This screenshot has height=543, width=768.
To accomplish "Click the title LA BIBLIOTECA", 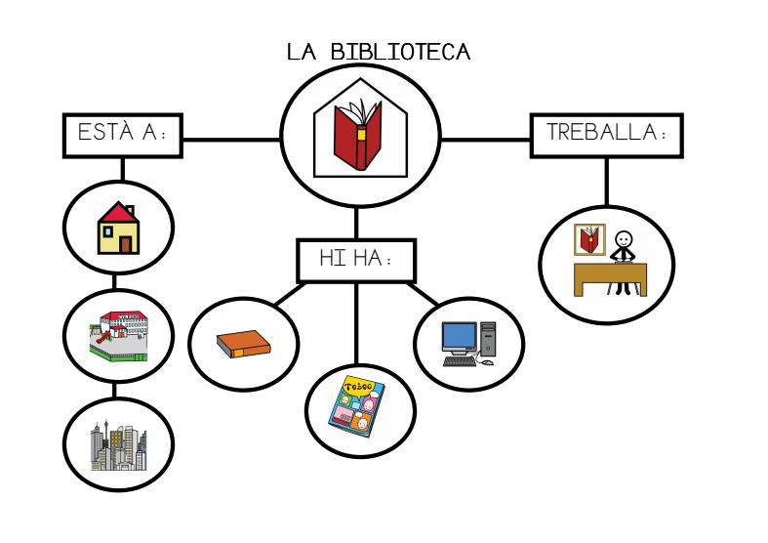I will pos(379,52).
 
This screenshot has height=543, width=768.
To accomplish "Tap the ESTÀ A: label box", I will pos(122,136).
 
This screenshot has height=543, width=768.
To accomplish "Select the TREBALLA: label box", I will pos(606,135).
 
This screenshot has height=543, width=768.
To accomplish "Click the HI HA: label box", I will pos(355,260).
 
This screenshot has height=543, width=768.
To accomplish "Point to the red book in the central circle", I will pos(355,139).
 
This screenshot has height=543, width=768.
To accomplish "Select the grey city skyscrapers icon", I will pos(118,444).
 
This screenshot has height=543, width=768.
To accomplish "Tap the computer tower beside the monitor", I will pos(487,337).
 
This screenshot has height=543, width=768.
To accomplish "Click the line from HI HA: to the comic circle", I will pos(355,322).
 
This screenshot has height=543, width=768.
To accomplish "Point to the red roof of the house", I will pos(118,213).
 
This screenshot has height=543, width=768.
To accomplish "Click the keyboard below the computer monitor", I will pos(460,361).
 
